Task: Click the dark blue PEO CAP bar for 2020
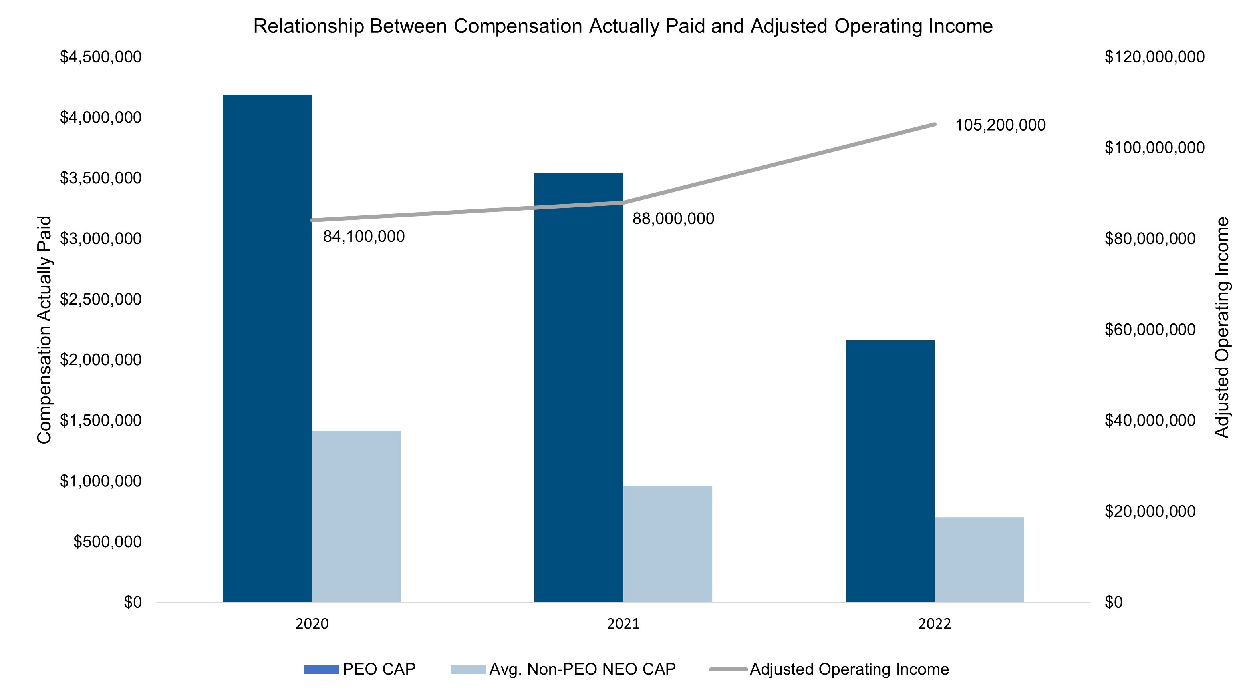click(267, 348)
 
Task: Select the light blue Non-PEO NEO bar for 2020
click(356, 516)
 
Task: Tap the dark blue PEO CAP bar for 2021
click(578, 387)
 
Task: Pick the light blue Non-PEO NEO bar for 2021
click(668, 544)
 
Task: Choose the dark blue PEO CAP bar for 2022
click(890, 471)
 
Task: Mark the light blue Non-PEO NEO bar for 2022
click(979, 560)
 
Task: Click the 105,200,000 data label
click(1000, 125)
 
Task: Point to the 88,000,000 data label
click(673, 219)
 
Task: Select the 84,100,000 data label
click(364, 237)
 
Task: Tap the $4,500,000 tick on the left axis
click(101, 57)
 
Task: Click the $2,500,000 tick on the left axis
click(101, 299)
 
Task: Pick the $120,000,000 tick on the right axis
click(1155, 57)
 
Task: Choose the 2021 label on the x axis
click(623, 624)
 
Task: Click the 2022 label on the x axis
click(935, 624)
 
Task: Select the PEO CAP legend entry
click(359, 669)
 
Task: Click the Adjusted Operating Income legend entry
click(829, 669)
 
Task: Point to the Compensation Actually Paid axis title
click(44, 330)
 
